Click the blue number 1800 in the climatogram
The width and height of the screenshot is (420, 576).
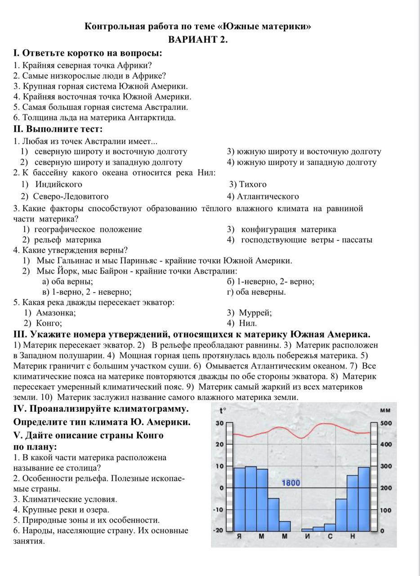pyautogui.click(x=290, y=483)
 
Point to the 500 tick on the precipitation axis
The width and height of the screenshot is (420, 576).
pyautogui.click(x=386, y=423)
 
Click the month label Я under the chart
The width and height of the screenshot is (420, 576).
pyautogui.click(x=239, y=537)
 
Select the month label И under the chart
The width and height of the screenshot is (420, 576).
pyautogui.click(x=307, y=537)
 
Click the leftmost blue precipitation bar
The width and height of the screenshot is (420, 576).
pyautogui.click(x=239, y=499)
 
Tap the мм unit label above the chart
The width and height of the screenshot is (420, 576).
pyautogui.click(x=385, y=410)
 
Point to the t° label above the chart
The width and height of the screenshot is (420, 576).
pyautogui.click(x=223, y=410)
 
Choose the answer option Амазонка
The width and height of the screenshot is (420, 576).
pyautogui.click(x=56, y=313)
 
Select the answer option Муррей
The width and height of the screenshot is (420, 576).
pyautogui.click(x=255, y=313)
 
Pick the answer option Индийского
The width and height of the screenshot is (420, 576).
pyautogui.click(x=58, y=184)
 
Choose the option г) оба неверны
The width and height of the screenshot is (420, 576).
pyautogui.click(x=256, y=292)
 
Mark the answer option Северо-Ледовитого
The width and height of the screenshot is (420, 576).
pyautogui.click(x=71, y=196)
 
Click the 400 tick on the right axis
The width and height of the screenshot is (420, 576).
pyautogui.click(x=386, y=445)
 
